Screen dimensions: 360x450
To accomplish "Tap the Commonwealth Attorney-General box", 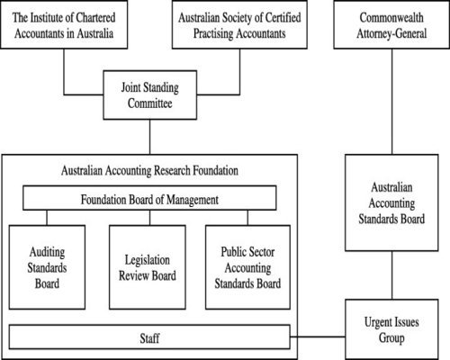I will [x=390, y=25].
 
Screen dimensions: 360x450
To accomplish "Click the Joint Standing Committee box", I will [x=150, y=97].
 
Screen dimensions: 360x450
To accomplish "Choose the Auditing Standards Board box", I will [x=48, y=262].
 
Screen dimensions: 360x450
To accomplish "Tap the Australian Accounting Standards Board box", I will [x=390, y=202].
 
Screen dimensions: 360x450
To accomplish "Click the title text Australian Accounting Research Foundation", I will [x=148, y=169].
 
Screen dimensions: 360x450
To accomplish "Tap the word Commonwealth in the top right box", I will [x=390, y=17].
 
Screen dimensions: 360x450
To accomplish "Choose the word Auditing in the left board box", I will [x=48, y=246].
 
